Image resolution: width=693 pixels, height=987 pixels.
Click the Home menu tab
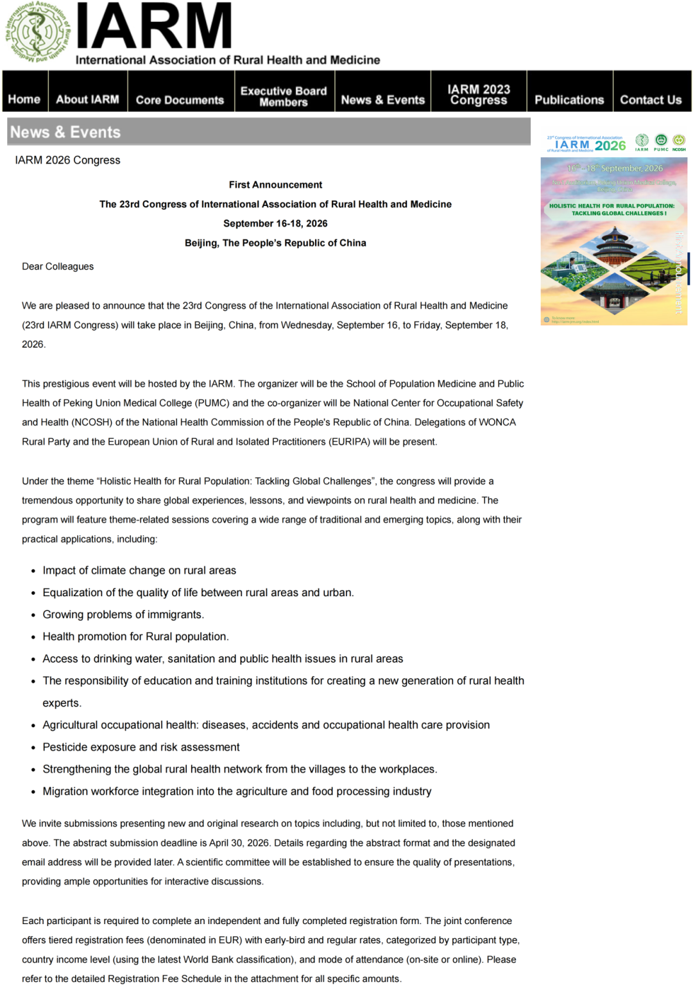(24, 99)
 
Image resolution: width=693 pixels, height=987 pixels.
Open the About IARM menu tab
(87, 99)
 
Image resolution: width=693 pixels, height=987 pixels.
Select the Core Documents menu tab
(180, 99)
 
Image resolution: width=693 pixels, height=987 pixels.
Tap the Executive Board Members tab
(284, 96)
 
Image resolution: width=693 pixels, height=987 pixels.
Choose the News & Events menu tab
(382, 99)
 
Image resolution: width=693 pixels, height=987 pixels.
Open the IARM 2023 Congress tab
(479, 94)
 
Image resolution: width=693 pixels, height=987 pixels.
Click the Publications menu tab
(569, 99)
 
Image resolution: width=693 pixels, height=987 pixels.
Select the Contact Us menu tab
(651, 99)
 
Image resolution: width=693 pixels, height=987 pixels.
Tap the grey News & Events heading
(65, 132)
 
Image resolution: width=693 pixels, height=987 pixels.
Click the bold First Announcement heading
(275, 185)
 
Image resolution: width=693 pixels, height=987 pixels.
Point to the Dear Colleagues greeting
(58, 266)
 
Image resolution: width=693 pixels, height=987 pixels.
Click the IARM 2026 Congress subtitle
(67, 160)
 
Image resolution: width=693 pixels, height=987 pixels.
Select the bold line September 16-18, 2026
(275, 223)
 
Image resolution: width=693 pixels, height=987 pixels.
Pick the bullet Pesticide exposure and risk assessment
(141, 747)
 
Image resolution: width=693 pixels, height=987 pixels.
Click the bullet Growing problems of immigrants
(123, 614)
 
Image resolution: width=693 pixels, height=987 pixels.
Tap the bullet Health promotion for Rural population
(135, 636)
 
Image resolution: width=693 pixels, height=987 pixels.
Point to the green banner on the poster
(612, 209)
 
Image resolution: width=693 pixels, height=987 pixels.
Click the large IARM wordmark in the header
(154, 27)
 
